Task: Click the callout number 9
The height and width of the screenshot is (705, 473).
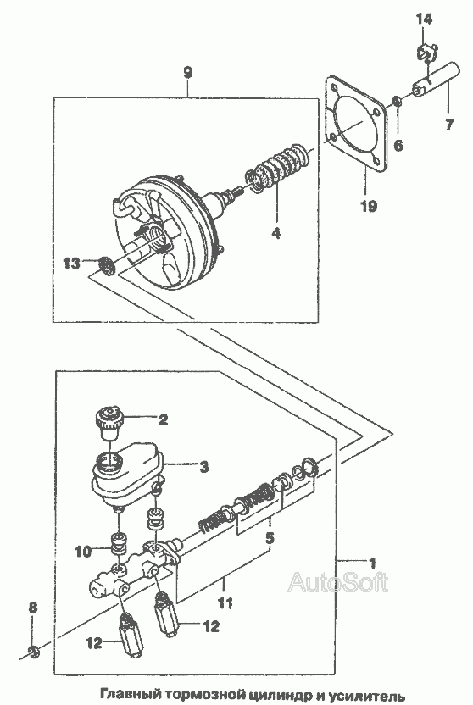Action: pyautogui.click(x=188, y=73)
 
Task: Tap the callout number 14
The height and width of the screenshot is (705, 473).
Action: pyautogui.click(x=424, y=19)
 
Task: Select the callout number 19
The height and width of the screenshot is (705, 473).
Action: pyautogui.click(x=368, y=206)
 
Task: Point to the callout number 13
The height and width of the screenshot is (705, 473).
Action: pyautogui.click(x=73, y=263)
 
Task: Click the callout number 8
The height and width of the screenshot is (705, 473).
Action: pyautogui.click(x=33, y=608)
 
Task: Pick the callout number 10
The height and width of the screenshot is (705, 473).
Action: pyautogui.click(x=84, y=551)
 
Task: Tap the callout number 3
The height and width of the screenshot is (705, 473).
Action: pyautogui.click(x=203, y=467)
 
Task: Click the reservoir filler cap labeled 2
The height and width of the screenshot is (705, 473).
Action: pyautogui.click(x=108, y=422)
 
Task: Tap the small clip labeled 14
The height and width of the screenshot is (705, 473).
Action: pyautogui.click(x=424, y=53)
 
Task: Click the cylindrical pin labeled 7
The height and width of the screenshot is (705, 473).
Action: pyautogui.click(x=437, y=81)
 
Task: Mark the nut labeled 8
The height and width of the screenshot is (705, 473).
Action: pyautogui.click(x=33, y=651)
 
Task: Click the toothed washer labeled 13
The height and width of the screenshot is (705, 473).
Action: pyautogui.click(x=107, y=265)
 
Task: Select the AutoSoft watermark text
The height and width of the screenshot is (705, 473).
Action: pyautogui.click(x=338, y=582)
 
